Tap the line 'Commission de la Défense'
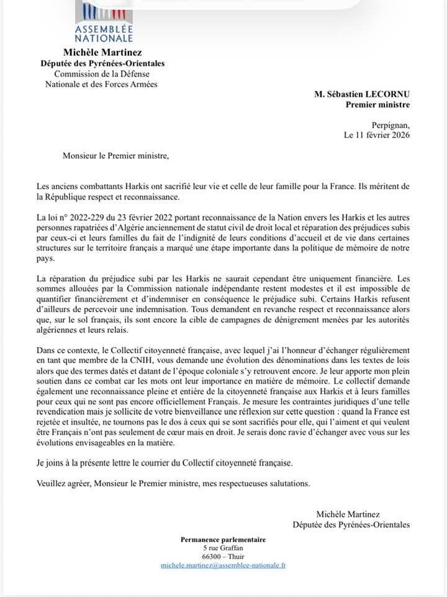point(102,73)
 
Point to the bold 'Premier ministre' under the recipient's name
point(377,104)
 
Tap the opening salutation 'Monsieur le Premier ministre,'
point(115,155)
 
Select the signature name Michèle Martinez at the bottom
point(348,514)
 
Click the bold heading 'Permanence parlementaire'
point(223,540)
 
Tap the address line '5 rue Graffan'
point(223,548)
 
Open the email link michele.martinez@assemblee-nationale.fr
point(223,565)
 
